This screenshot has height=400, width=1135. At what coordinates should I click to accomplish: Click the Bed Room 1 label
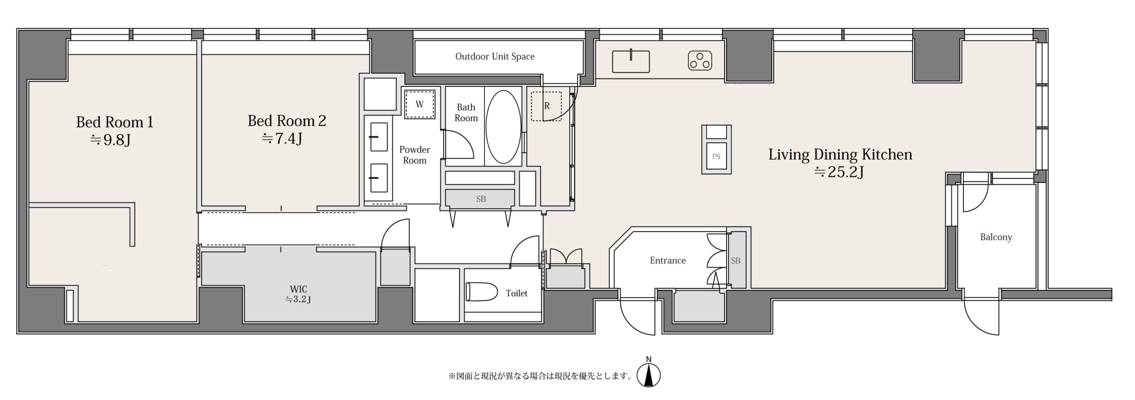[114, 122]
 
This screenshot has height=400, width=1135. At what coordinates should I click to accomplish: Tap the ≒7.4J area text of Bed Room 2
[282, 139]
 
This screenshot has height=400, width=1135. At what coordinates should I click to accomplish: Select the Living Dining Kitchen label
[840, 154]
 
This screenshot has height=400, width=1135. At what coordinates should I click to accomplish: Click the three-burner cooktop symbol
[700, 61]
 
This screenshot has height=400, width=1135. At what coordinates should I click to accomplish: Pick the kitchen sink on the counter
[630, 61]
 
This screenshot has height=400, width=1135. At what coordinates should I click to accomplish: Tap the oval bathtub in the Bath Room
[503, 127]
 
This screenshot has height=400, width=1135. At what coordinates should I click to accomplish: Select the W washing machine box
[419, 104]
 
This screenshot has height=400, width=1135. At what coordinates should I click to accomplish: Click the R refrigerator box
[547, 106]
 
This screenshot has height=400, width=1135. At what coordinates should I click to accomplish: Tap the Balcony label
[996, 237]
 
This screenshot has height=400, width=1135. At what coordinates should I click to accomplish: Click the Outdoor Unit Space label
[495, 57]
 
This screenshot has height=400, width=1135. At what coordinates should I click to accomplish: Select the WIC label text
[298, 290]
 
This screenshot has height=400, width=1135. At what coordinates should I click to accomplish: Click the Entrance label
[668, 260]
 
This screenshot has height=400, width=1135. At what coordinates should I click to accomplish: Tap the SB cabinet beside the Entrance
[736, 259]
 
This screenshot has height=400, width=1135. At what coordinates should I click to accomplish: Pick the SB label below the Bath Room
[481, 199]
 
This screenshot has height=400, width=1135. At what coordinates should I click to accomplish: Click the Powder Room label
[415, 155]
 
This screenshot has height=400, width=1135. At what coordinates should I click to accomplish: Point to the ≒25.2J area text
[839, 172]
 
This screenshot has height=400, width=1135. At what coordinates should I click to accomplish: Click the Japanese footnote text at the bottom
[540, 376]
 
